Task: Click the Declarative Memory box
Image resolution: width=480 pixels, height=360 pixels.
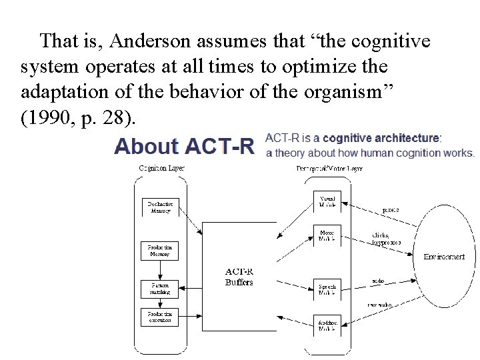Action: pos(160,207)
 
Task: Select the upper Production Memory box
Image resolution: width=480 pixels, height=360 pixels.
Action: pos(160,251)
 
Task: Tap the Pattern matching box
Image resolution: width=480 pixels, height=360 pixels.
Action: pos(160,289)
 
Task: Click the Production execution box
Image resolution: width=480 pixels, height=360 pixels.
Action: pos(160,317)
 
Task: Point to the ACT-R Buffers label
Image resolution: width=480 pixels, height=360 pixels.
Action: pos(239,277)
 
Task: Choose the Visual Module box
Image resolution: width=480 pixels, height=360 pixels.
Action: pos(327,201)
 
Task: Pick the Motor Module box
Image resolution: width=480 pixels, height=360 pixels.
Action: pos(327,235)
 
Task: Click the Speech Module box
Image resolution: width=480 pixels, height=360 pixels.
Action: pos(327,289)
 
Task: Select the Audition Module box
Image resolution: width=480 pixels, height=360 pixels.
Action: pos(327,325)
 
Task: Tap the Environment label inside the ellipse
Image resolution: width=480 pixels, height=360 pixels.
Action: pos(444,257)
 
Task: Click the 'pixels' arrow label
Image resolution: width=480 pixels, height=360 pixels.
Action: pos(391,209)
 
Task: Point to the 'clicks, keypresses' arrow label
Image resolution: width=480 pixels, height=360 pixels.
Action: pos(386,239)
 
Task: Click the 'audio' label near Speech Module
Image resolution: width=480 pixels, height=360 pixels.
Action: pos(378,281)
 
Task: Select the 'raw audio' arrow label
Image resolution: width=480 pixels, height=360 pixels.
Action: pos(381,305)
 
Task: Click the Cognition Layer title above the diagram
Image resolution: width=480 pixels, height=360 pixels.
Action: pos(161,168)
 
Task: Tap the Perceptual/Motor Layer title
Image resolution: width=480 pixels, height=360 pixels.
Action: pos(329,168)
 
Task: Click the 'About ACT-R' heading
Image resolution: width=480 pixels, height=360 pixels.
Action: pos(185,146)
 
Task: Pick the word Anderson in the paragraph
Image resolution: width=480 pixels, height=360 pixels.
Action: pos(151,41)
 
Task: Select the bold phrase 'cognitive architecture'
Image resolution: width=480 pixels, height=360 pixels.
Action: pos(381,138)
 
